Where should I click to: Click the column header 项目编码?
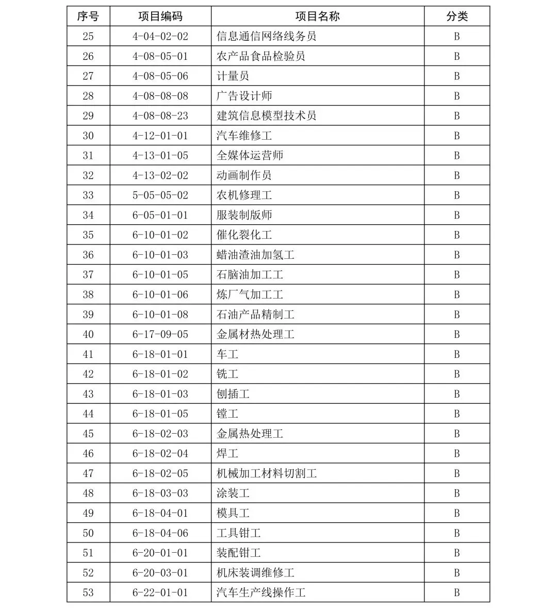160,17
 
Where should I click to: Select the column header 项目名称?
317,17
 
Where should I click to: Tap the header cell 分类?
457,17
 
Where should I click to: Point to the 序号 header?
88,17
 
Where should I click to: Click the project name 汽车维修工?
244,136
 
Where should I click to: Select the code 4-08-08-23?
160,116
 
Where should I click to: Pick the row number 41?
88,354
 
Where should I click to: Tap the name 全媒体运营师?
250,156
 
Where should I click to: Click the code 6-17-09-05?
160,335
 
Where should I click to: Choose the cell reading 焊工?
227,454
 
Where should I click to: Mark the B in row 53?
457,593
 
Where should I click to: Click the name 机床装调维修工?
255,573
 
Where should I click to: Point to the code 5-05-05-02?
160,195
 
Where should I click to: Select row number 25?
88,37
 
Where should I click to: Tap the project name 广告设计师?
244,96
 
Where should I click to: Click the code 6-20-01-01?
160,553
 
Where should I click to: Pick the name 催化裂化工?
244,235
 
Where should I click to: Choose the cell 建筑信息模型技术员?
266,116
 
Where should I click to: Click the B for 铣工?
457,374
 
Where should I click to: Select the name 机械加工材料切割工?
266,473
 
